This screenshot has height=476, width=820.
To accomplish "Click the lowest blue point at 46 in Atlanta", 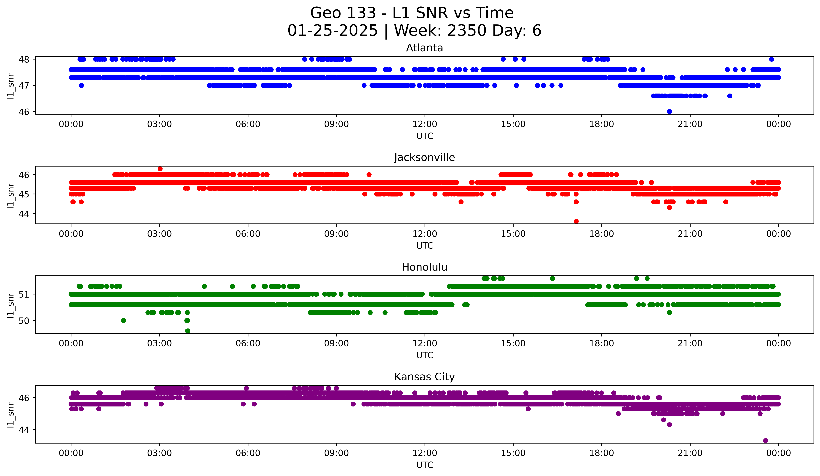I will pyautogui.click(x=669, y=112).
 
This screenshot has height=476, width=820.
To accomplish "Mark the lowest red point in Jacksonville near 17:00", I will pyautogui.click(x=576, y=221).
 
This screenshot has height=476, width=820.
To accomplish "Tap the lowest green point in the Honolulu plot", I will pyautogui.click(x=188, y=331).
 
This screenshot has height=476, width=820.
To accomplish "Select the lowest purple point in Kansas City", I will pyautogui.click(x=765, y=441).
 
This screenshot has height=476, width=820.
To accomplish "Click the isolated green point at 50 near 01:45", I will pyautogui.click(x=123, y=320).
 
